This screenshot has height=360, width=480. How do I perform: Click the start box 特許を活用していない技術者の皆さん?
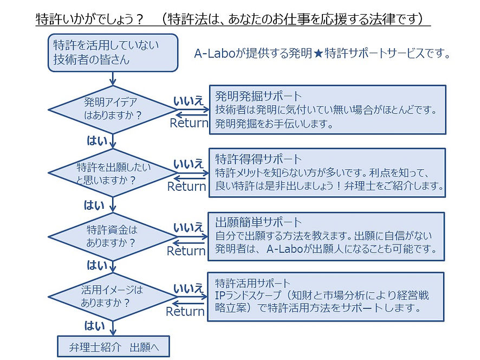pos(113,53)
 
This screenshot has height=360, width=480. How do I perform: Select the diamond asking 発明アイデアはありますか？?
pos(113,109)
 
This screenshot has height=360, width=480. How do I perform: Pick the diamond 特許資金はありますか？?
pos(113,236)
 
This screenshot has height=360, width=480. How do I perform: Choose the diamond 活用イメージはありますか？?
pos(113,297)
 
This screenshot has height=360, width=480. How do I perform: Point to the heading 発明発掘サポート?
pos(250,97)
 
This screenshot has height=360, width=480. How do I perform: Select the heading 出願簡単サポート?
pos(250,223)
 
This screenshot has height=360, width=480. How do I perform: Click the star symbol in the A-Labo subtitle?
pos(316,55)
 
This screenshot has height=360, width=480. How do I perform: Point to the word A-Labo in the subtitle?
pos(213,55)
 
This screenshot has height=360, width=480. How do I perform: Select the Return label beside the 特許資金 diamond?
pos(186,251)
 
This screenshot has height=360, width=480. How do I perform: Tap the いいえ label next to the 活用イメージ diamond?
pos(188,289)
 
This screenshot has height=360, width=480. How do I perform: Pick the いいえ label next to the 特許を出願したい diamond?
pos(188,163)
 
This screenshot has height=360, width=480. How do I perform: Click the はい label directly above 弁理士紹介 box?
pos(96,325)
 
